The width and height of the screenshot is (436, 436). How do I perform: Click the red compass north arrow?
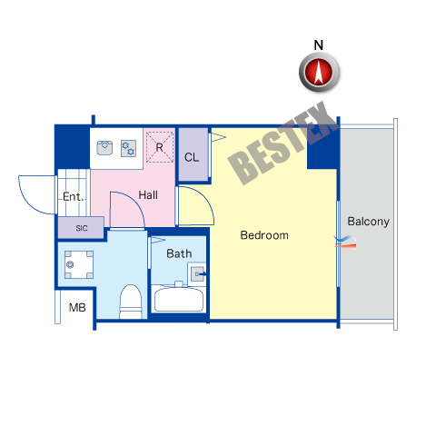click(x=319, y=72)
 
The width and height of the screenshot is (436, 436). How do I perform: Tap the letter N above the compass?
click(x=319, y=45)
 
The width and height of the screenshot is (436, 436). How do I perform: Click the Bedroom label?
click(x=264, y=235)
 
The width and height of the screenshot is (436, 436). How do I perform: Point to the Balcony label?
click(x=368, y=222)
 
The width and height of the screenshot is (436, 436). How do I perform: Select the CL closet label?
click(x=192, y=157)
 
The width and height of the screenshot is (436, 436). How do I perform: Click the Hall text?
click(x=148, y=195)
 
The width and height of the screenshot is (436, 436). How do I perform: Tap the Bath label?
click(x=179, y=253)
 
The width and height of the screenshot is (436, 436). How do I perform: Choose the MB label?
click(x=77, y=308)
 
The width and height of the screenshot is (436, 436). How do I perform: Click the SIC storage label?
click(x=82, y=228)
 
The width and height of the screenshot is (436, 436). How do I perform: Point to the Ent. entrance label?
click(x=74, y=196)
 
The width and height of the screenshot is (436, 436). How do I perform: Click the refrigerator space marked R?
click(x=160, y=147)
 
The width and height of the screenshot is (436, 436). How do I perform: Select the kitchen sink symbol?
click(x=104, y=148)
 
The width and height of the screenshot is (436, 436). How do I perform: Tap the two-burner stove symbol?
click(x=128, y=148)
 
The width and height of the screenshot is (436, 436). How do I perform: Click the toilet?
click(x=131, y=302)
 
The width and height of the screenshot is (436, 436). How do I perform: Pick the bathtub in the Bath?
click(x=179, y=299)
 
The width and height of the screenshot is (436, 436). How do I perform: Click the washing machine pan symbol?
click(x=79, y=264)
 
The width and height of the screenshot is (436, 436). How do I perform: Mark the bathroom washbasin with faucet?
click(x=197, y=274)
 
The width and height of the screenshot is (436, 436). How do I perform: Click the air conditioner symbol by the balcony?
click(x=345, y=242)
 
